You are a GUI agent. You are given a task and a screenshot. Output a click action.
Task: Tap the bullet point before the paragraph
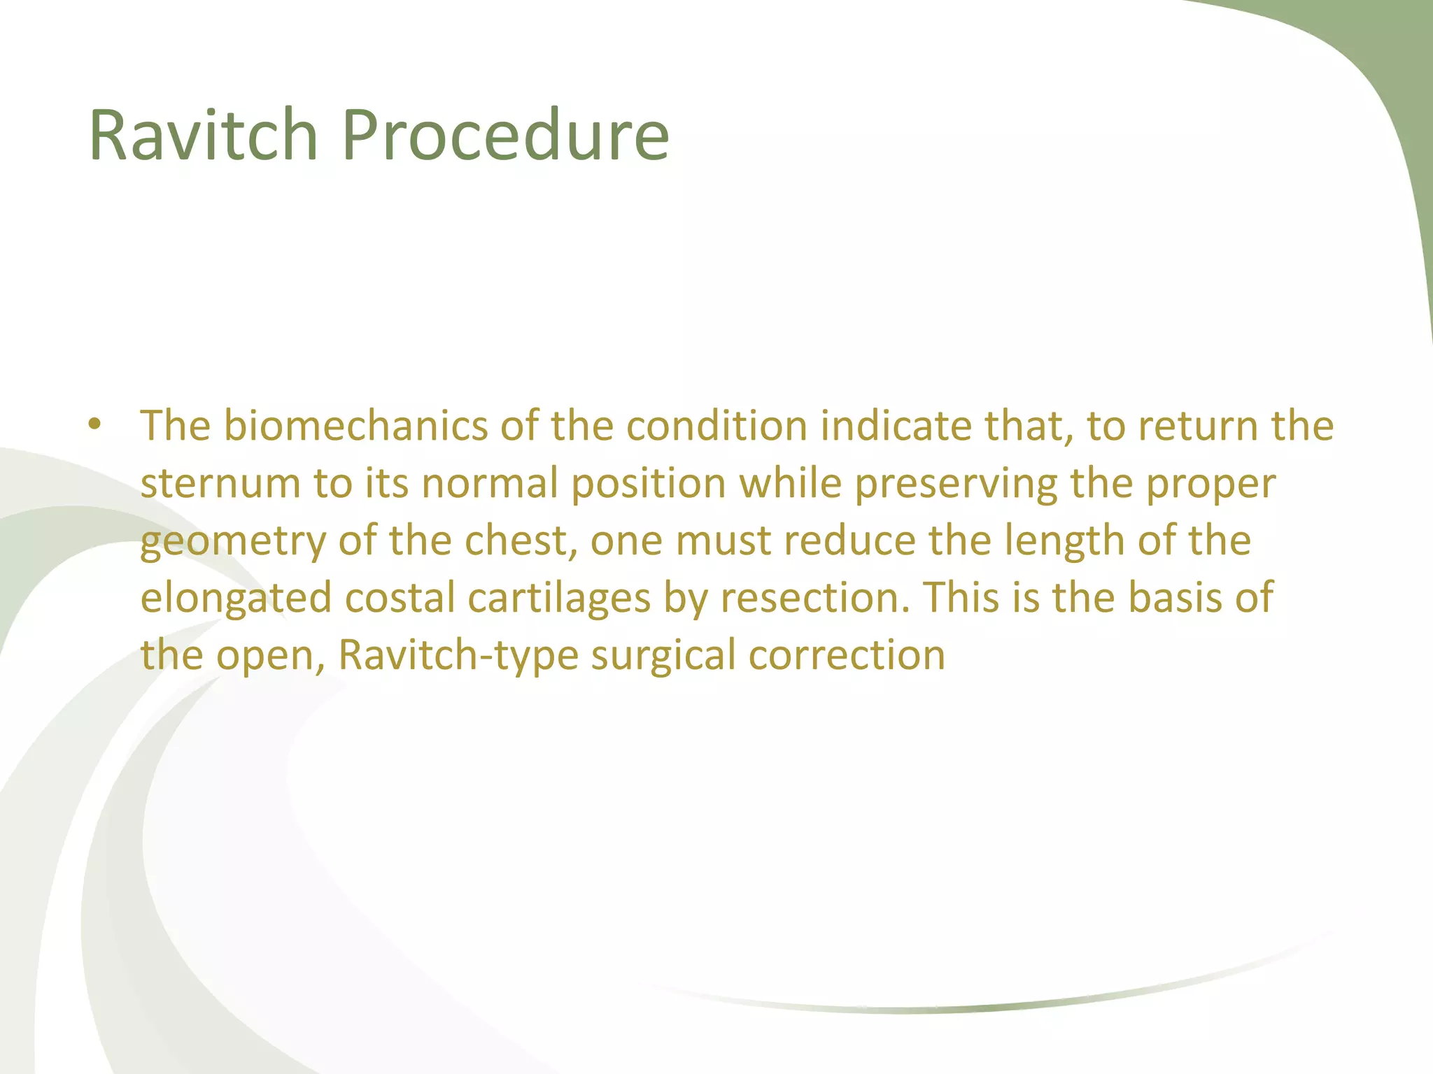pos(95,424)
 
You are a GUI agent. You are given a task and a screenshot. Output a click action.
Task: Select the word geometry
pos(233,542)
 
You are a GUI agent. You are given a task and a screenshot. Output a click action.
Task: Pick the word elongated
pos(236,599)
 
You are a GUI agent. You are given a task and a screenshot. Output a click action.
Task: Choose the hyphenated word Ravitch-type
pos(458,656)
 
